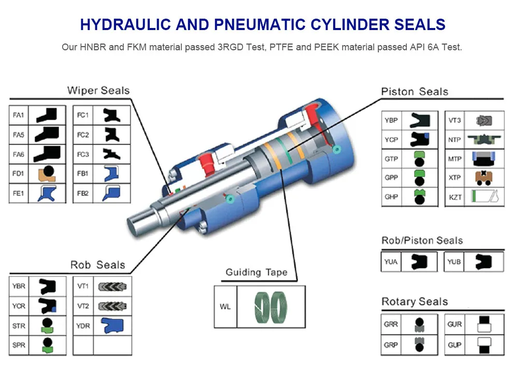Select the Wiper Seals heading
98,91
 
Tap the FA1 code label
18,115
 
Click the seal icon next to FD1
47,174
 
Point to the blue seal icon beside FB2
111,193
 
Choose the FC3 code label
83,154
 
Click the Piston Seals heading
414,92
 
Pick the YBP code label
391,120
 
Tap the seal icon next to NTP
484,139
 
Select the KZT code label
454,197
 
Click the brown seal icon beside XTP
484,178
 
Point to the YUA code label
391,262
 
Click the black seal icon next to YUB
483,261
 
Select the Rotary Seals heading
414,302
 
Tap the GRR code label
391,324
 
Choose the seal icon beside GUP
483,345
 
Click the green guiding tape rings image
271,306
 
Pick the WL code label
225,307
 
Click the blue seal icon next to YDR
111,325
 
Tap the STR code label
19,325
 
